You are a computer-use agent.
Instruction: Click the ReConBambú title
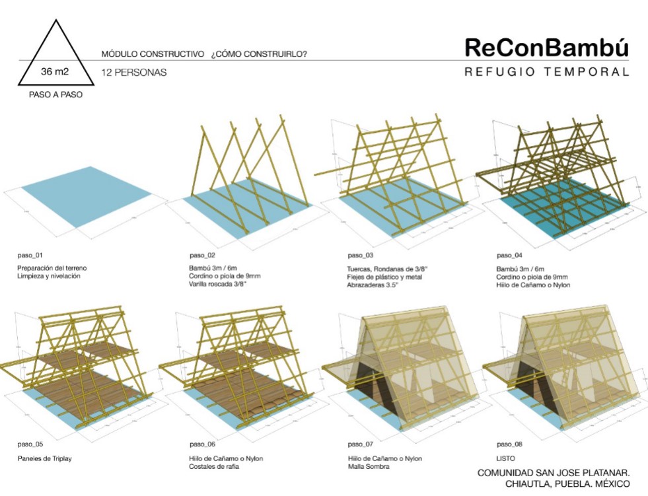546,48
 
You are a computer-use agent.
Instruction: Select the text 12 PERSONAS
134,73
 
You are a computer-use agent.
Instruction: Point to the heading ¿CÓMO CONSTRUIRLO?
259,53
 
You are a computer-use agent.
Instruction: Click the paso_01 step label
30,254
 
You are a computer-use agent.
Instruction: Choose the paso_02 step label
202,254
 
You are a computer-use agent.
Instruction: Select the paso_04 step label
509,254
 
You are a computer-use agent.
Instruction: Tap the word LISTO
505,458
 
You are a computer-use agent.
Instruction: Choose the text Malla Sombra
368,467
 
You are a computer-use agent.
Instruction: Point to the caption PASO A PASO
56,94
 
